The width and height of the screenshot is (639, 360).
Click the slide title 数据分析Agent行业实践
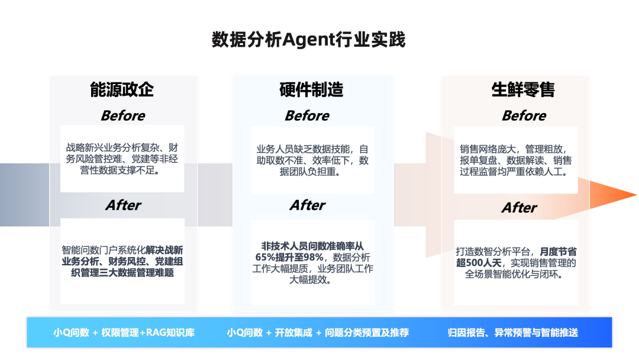point(308,40)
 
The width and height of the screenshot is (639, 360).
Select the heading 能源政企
point(122,89)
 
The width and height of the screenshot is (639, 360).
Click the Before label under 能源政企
point(122,115)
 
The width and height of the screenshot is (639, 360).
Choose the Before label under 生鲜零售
point(524,115)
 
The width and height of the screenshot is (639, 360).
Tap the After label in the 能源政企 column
point(123,205)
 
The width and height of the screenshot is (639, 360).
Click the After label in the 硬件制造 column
point(307,205)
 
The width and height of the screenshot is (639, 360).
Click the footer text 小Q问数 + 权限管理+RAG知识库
point(124,333)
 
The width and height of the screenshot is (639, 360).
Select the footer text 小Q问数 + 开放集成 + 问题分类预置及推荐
point(317,333)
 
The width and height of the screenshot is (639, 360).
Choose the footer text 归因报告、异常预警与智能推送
point(512,333)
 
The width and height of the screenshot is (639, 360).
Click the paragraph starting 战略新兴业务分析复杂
point(122,159)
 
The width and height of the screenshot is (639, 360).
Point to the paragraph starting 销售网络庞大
point(516,160)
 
